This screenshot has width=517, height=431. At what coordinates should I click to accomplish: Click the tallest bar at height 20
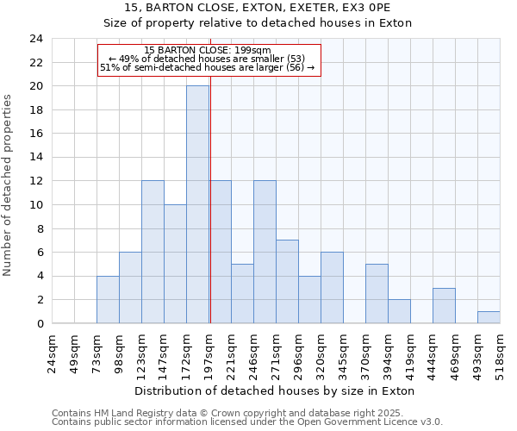197,204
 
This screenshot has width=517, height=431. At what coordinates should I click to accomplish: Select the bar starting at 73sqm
108,300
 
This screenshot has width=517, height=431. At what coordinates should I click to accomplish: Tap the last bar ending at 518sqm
489,317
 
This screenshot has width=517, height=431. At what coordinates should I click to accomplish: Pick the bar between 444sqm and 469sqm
444,306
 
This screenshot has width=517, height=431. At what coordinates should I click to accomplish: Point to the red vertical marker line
210,215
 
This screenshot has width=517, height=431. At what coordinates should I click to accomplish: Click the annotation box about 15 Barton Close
209,60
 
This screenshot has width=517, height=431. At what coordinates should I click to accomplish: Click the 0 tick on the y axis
40,324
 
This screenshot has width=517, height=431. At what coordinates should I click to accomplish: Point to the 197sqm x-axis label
209,352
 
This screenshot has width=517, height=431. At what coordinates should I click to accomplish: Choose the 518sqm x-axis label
500,352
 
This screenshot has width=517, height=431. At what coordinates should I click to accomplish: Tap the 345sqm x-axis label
343,352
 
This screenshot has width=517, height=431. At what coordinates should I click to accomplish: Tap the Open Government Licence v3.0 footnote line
247,422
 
